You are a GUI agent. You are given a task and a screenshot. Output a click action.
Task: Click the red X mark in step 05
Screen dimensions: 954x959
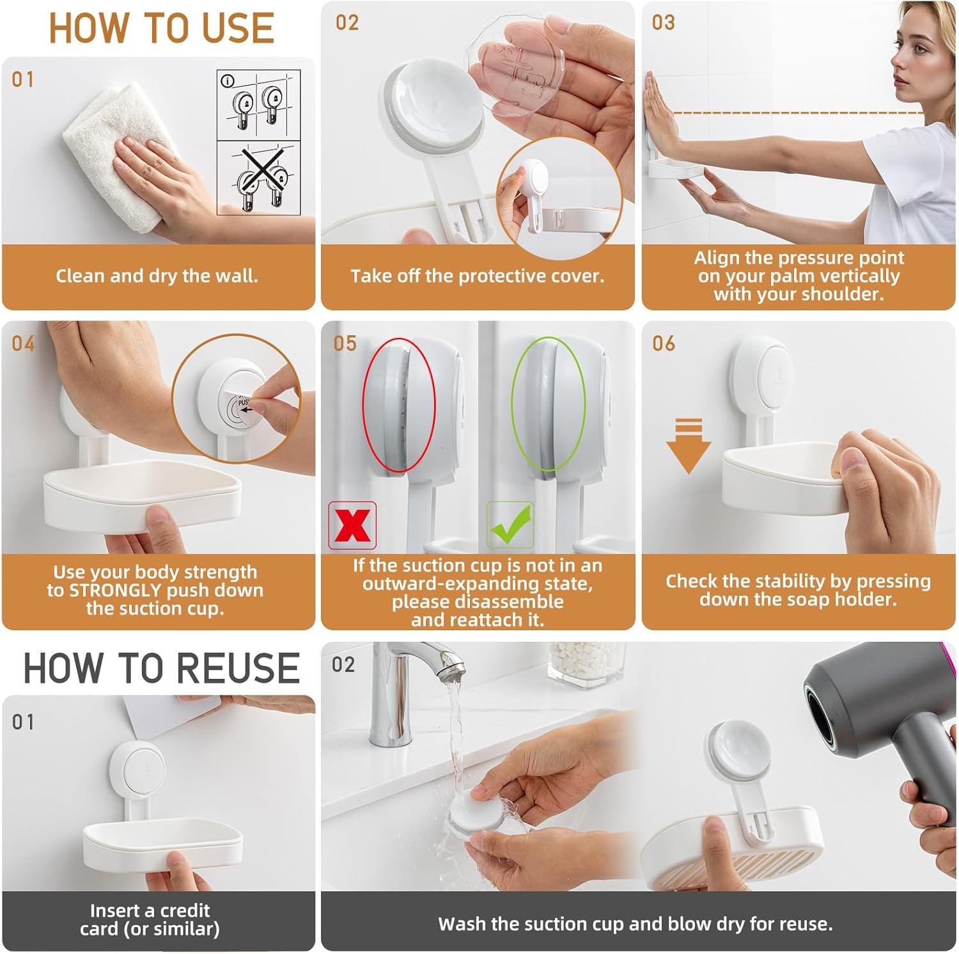pos(352,525)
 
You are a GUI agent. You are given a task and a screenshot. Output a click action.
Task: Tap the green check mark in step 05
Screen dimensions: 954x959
pos(510,525)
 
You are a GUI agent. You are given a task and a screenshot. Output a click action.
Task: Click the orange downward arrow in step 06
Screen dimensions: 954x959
pos(689,446)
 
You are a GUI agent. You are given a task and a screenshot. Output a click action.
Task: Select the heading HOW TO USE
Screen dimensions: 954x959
pos(161,29)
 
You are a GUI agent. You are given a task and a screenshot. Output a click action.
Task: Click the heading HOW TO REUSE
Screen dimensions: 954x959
pos(161,669)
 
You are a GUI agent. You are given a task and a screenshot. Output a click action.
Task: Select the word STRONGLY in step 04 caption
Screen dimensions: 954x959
pos(114,590)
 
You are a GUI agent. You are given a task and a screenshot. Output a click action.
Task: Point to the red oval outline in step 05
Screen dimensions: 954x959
pos(399,406)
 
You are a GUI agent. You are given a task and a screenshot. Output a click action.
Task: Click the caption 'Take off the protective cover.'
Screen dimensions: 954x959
pos(477,276)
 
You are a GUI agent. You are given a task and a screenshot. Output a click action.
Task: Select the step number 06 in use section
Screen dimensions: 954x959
pos(664,344)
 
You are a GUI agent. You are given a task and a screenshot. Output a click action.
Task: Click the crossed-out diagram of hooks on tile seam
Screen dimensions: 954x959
pos(258,179)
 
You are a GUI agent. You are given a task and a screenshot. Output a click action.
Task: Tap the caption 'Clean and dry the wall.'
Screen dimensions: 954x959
pos(157,276)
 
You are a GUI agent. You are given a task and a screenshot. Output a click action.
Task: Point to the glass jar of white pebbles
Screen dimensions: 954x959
pos(586,662)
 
